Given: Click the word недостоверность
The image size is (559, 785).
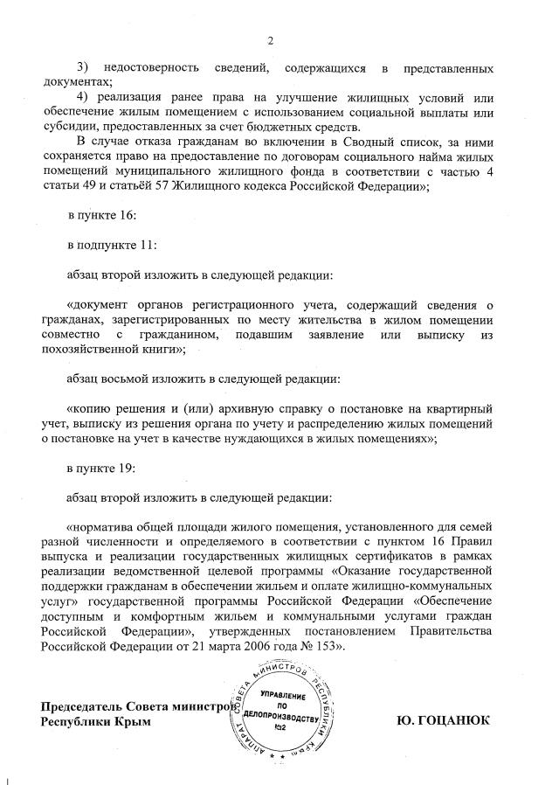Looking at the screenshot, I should click(x=158, y=68).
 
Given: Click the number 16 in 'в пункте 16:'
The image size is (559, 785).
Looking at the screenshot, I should click(x=125, y=214).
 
